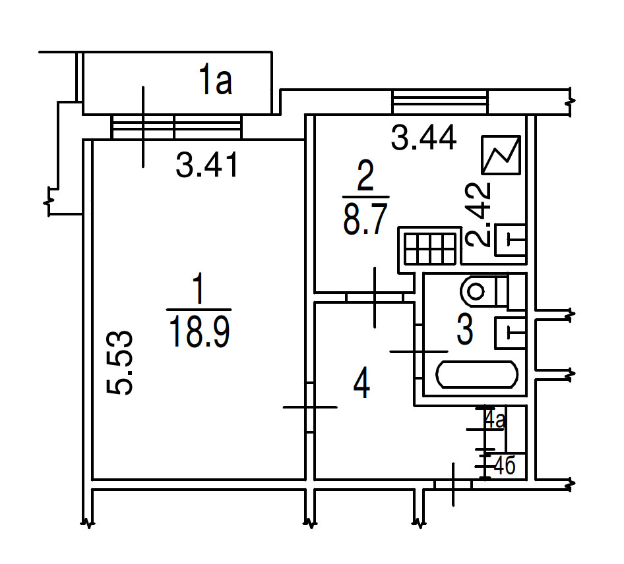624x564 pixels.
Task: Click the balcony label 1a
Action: (215, 81)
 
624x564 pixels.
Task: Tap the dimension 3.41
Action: (207, 164)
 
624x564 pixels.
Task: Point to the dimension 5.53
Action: (119, 363)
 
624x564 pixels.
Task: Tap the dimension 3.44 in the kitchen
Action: (423, 138)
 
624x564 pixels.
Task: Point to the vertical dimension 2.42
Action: (478, 215)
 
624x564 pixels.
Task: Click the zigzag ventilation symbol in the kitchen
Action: (501, 155)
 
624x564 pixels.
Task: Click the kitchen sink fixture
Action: (510, 240)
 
